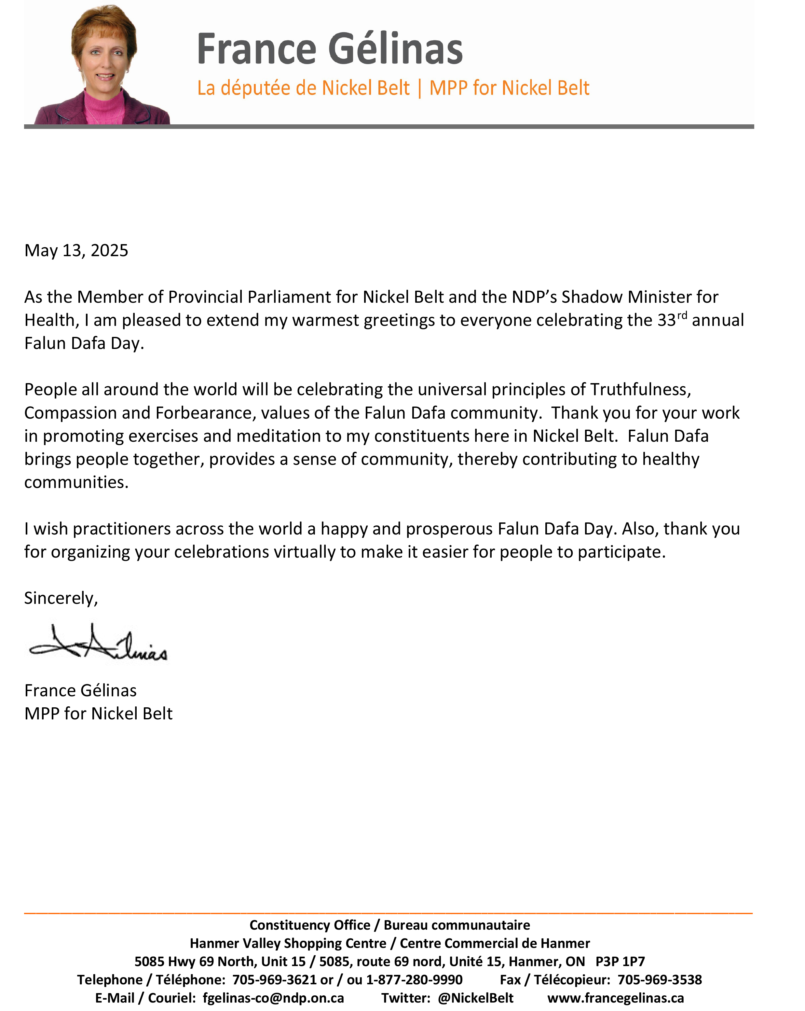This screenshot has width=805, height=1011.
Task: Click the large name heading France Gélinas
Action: (330, 49)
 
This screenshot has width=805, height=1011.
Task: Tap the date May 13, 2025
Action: (76, 250)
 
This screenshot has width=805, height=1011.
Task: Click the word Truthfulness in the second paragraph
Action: (640, 390)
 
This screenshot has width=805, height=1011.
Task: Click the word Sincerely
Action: (61, 598)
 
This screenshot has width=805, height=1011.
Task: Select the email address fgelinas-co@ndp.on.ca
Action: (273, 998)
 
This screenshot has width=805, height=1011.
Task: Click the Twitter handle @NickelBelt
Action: (475, 998)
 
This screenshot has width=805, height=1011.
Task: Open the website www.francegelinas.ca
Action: (615, 998)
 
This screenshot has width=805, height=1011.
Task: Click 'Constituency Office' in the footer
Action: (309, 925)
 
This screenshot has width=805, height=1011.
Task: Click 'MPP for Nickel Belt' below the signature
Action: (99, 714)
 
